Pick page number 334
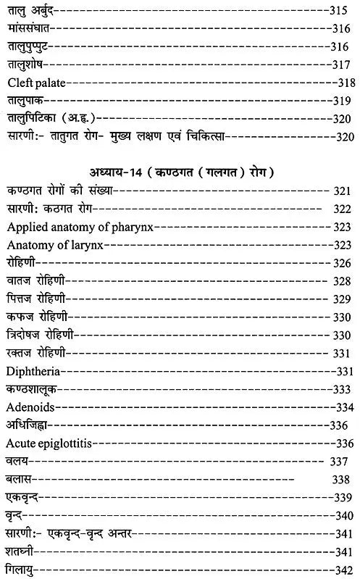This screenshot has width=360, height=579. point(343,407)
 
